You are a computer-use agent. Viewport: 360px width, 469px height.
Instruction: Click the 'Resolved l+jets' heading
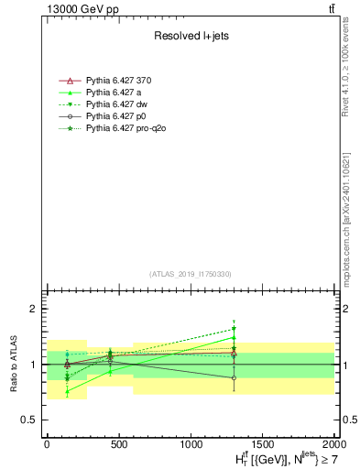(190, 38)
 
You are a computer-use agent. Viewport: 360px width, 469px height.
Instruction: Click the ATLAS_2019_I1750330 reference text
(191, 274)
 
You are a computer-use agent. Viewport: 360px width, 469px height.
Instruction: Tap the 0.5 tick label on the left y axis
(27, 420)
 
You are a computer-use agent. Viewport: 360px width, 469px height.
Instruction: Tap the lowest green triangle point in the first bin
(68, 391)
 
